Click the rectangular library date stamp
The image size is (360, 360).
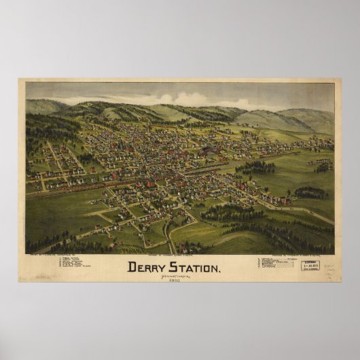tap(312, 265)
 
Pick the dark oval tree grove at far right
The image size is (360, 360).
tap(311, 193)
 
